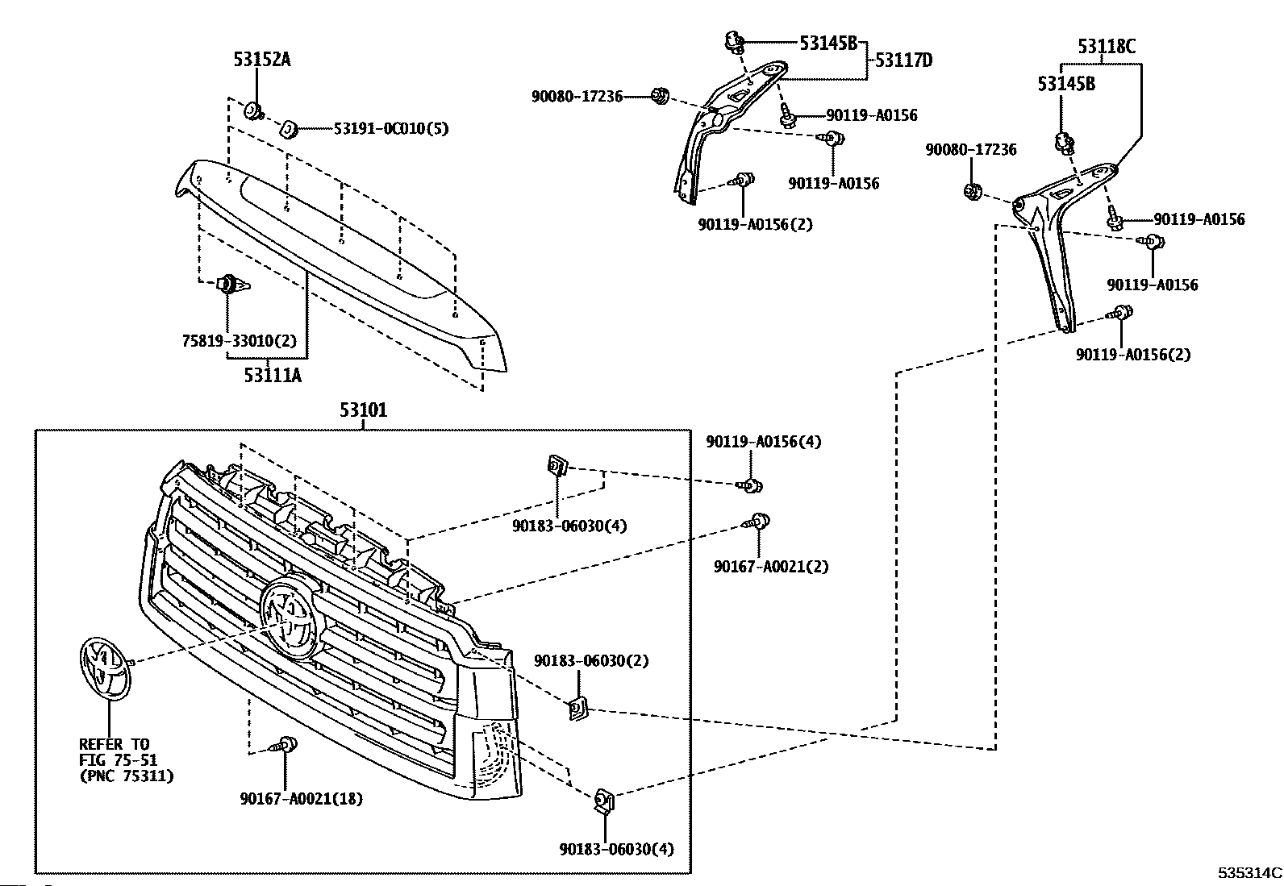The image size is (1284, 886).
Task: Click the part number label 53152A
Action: (262, 60)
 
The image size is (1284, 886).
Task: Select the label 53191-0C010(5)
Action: (391, 128)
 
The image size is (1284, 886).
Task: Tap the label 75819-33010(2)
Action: (240, 341)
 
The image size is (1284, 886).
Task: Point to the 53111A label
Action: (273, 375)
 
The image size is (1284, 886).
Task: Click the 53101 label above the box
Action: (364, 410)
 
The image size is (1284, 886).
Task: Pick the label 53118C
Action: (1107, 46)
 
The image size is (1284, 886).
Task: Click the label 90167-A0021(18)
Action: (302, 798)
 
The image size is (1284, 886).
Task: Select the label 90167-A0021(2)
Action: (771, 566)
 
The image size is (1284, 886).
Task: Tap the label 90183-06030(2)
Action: (591, 661)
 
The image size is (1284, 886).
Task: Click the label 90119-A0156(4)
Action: (764, 442)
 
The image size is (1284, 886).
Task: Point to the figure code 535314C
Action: (1249, 873)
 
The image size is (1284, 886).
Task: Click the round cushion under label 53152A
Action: (253, 110)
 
